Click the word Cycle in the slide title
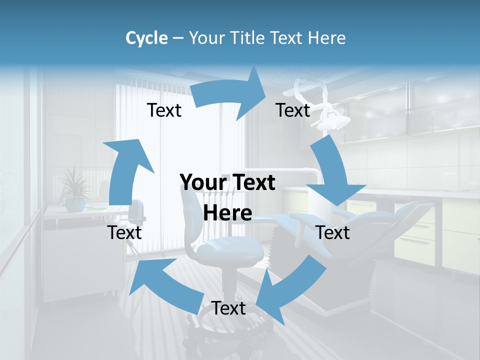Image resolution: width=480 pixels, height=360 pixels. point(146,38)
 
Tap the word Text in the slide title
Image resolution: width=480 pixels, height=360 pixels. point(289,38)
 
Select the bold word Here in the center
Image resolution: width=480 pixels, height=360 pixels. point(227,213)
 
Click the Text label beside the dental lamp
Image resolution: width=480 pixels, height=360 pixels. point(293,110)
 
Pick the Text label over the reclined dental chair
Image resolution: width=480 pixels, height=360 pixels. point(333,232)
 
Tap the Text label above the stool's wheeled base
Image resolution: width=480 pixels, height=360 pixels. point(228,308)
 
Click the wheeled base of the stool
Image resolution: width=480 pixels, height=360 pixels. point(227,335)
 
